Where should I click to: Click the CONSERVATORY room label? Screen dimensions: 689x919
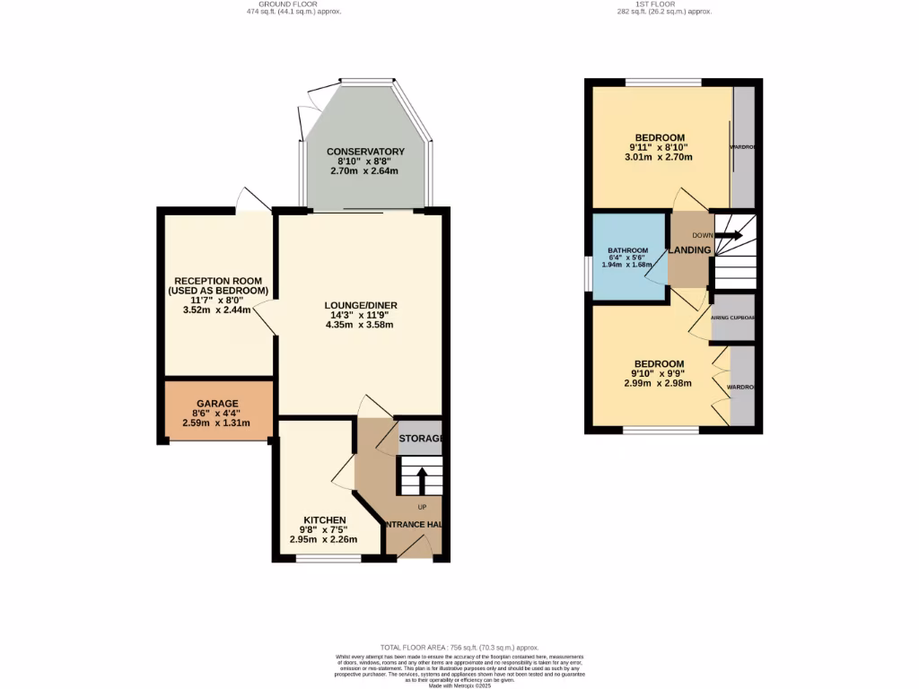coord(365,152)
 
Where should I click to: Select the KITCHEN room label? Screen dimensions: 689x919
coord(324,520)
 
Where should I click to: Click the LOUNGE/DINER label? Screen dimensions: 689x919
coord(361,305)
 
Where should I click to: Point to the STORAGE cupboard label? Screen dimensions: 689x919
coord(421,438)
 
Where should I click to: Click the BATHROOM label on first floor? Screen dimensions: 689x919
coord(627,250)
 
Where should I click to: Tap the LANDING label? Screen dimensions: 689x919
coord(689,249)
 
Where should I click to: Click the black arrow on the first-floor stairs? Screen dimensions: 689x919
coord(728,236)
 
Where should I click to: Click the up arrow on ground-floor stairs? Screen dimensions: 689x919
coord(421,478)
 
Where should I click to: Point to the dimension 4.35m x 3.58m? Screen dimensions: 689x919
coord(361,325)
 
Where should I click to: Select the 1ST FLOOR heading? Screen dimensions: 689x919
coord(662,4)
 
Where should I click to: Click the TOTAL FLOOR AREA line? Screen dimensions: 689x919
coord(459,647)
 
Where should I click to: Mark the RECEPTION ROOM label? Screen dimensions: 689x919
coord(219,286)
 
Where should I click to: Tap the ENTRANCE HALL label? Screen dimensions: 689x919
coord(414,525)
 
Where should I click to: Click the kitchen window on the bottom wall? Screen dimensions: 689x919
coord(328,559)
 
